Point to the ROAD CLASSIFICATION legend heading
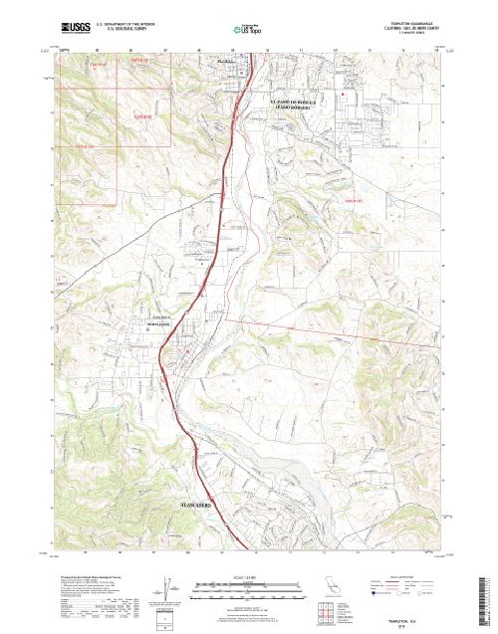pos(403,575)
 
